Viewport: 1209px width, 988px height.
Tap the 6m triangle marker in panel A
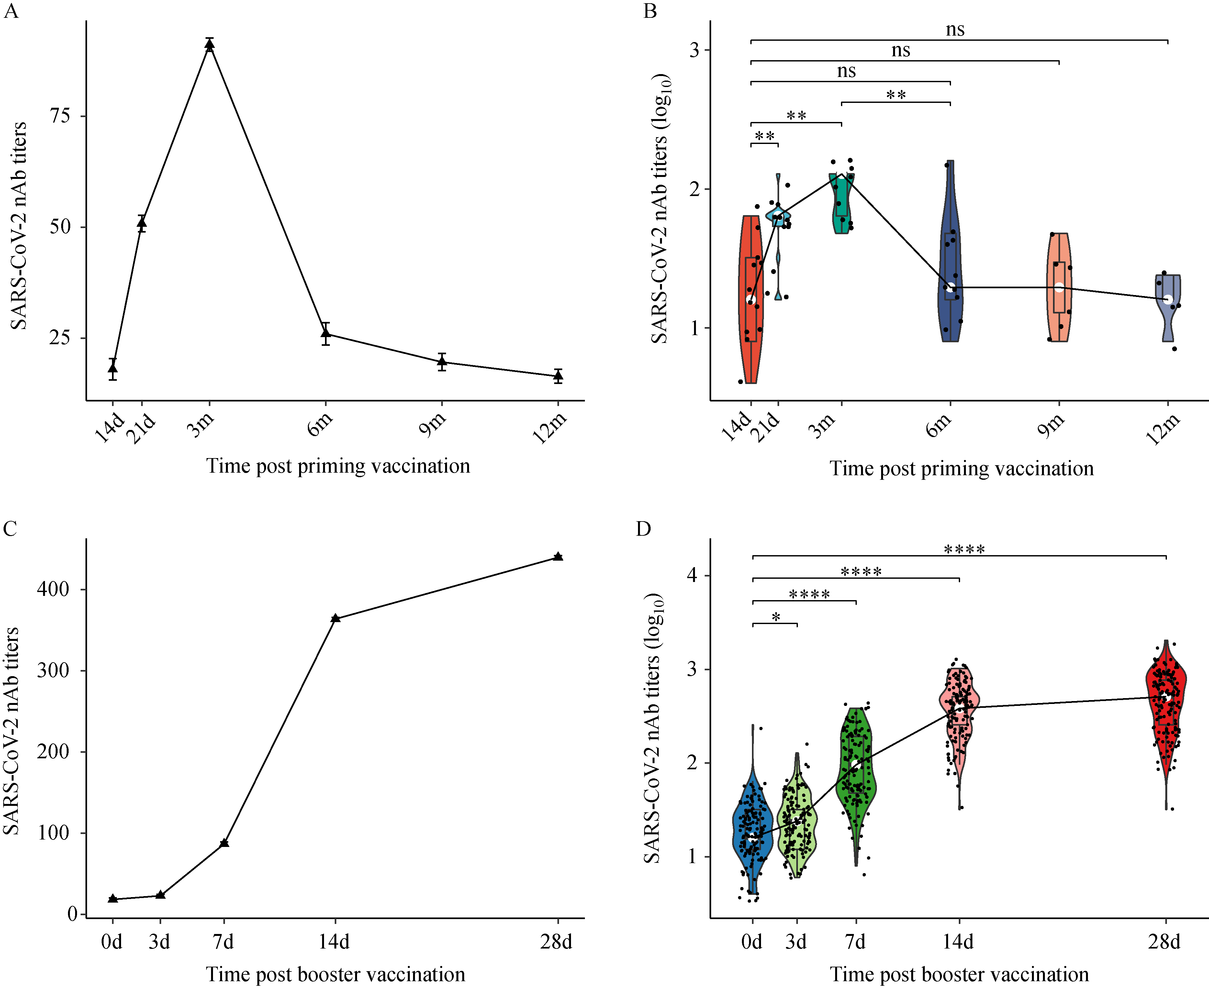pos(325,333)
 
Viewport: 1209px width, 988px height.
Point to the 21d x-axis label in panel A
pos(140,428)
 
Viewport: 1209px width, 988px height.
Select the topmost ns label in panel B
pos(955,29)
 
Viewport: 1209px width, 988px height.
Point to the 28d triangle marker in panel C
pos(558,557)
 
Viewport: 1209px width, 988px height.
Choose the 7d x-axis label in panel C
pos(223,942)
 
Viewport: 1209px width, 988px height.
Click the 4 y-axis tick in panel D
pos(692,575)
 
